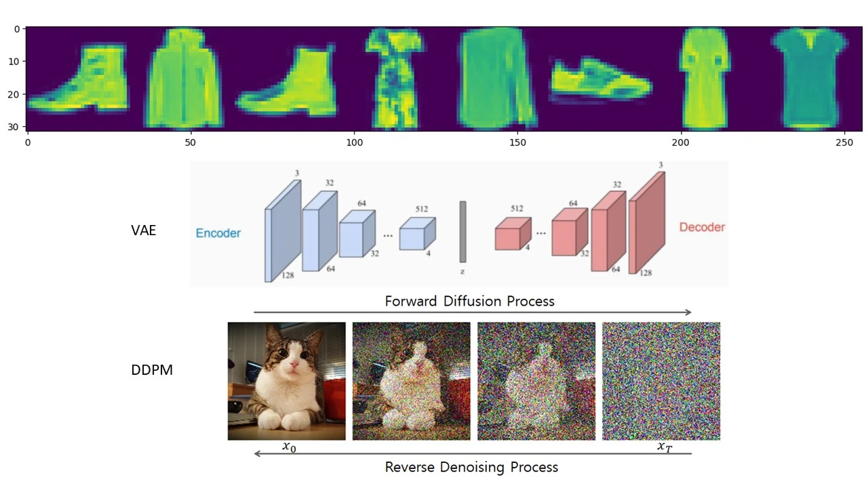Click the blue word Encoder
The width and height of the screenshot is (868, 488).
point(218,233)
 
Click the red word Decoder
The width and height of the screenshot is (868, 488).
point(702,227)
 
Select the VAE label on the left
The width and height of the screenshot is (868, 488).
point(143,230)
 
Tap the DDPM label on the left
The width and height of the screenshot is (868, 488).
point(151,371)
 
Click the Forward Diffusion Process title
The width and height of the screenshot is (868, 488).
point(469,301)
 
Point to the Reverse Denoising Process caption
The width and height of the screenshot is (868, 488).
point(471,467)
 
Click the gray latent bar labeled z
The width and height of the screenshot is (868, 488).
point(462,231)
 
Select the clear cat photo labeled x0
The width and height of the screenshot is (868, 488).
point(286,381)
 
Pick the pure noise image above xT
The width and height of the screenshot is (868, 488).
point(660,381)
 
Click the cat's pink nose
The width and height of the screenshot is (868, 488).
point(292,367)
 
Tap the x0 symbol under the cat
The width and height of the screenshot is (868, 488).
point(289,447)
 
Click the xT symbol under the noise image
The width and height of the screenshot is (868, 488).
point(665,447)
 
